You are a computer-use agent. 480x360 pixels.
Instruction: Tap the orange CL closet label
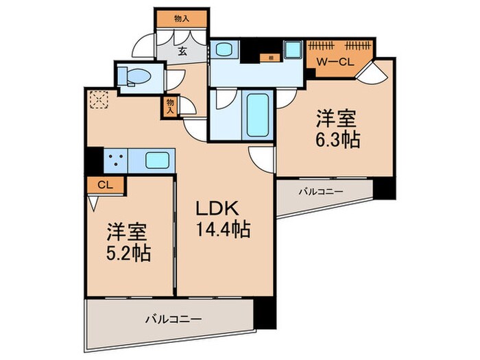click(x=104, y=184)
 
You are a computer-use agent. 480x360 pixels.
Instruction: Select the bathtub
click(x=258, y=113)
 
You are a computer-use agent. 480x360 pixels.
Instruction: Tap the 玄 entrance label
click(x=183, y=51)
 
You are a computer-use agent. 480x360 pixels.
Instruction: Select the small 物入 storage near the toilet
click(x=170, y=105)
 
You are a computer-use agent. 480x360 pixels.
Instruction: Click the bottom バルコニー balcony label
click(x=173, y=320)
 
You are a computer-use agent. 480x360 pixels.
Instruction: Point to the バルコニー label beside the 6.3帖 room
click(x=320, y=192)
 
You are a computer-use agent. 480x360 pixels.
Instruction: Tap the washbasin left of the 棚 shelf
click(x=224, y=51)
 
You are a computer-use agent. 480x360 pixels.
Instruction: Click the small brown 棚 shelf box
click(x=272, y=58)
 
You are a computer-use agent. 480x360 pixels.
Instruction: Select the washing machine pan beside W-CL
click(x=294, y=50)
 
